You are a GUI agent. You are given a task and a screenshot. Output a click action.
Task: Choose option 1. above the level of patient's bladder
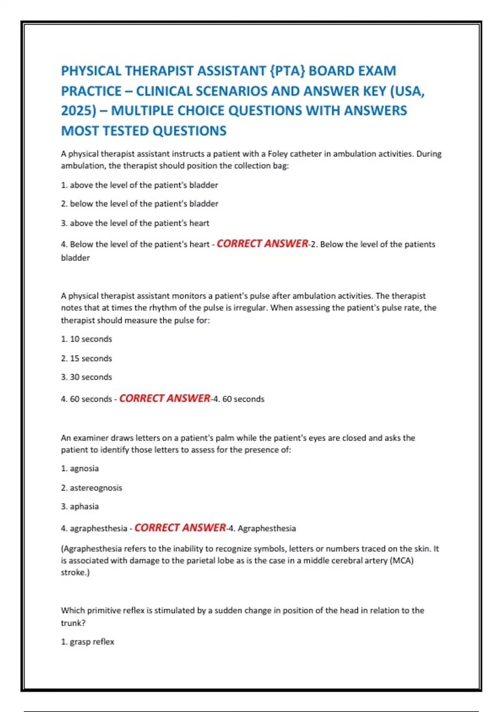140,185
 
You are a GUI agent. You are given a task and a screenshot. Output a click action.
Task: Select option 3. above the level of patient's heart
135,223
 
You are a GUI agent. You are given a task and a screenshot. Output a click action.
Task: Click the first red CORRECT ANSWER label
262,244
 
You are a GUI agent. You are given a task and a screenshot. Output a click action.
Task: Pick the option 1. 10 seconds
87,339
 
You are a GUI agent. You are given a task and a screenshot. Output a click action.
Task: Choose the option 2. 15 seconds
87,359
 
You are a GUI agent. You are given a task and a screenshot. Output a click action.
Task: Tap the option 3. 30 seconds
87,377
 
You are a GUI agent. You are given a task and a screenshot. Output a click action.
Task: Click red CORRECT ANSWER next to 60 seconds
165,398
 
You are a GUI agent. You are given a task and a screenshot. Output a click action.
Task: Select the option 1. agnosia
80,468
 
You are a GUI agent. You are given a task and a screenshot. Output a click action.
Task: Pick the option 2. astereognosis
92,488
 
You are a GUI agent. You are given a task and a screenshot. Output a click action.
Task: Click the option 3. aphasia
80,506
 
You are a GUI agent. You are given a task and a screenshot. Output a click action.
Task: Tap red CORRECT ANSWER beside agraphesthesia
180,528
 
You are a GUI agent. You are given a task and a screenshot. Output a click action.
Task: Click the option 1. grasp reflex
88,642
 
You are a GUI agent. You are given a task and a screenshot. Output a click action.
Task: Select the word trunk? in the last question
73,623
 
